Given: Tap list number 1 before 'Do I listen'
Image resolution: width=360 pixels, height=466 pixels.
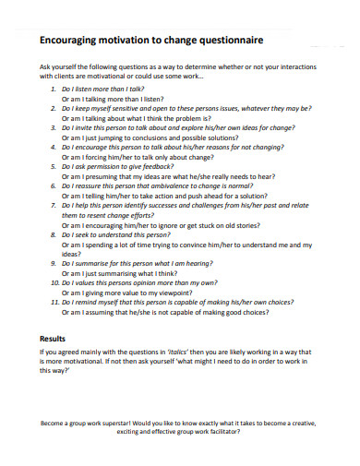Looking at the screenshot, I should point(53,87).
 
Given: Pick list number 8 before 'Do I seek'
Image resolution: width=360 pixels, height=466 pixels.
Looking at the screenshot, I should point(53,235).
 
